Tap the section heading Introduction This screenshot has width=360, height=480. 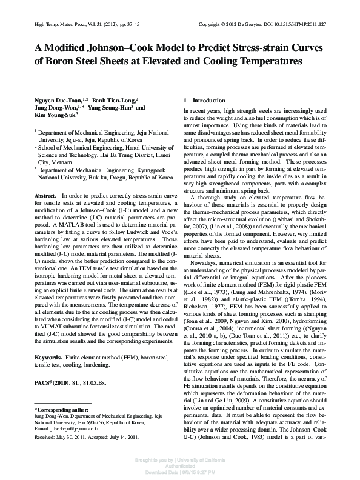[x=208, y=99]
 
